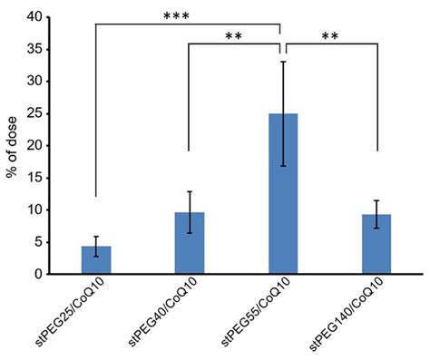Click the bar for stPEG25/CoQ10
tap(95, 259)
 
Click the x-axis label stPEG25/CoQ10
tap(74, 314)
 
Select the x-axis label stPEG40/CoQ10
tap(168, 314)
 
